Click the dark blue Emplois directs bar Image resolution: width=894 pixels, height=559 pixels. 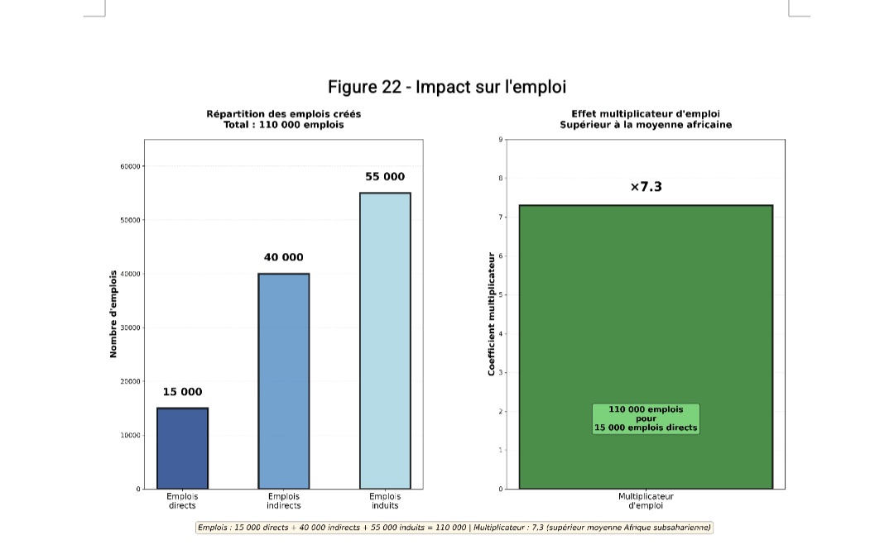click(182, 448)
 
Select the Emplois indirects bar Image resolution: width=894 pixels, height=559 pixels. click(283, 380)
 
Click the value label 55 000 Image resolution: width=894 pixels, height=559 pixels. click(385, 177)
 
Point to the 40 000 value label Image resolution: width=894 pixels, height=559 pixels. click(283, 257)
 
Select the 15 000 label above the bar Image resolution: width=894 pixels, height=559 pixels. click(182, 392)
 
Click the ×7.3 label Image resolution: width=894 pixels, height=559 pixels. click(646, 187)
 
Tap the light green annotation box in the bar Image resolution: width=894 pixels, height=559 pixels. click(646, 419)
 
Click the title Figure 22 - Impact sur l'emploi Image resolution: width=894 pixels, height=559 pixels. click(447, 87)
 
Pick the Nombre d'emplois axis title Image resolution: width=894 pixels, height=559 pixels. click(113, 314)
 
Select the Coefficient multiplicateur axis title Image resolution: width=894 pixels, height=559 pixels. click(491, 314)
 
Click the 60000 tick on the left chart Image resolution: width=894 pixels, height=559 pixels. click(130, 166)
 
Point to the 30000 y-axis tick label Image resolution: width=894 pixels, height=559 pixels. click(130, 327)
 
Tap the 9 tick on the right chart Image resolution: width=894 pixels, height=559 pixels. click(500, 140)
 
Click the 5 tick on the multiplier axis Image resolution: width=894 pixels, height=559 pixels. click(500, 295)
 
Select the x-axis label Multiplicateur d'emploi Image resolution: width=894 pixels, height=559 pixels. click(646, 501)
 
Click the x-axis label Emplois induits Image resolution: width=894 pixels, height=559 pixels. click(385, 501)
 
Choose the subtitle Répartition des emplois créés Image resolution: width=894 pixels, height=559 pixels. click(283, 114)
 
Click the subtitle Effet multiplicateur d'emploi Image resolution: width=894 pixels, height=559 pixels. click(646, 114)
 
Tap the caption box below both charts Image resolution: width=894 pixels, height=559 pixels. click(454, 528)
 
